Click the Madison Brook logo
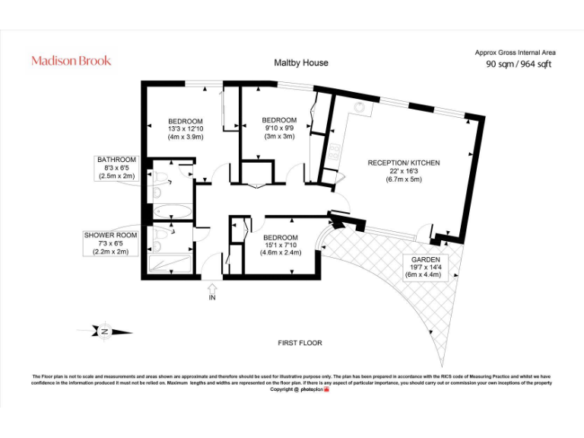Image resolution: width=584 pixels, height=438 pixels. click(x=71, y=61)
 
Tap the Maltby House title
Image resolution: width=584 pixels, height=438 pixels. click(x=301, y=63)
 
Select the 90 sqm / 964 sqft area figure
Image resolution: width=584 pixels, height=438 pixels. click(x=519, y=65)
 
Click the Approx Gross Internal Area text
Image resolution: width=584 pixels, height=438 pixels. click(x=516, y=52)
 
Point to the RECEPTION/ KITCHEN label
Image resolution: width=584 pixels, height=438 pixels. click(x=404, y=163)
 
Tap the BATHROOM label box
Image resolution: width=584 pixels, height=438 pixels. click(x=116, y=167)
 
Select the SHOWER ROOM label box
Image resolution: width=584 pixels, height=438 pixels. click(x=111, y=243)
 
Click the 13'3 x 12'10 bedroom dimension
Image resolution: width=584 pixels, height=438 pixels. click(x=186, y=129)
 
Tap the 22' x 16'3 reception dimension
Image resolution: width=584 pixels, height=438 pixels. click(x=404, y=172)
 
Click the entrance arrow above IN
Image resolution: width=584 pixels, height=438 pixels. click(x=211, y=289)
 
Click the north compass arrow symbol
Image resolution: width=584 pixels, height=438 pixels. click(x=104, y=331)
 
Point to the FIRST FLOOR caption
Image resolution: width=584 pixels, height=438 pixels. click(x=300, y=343)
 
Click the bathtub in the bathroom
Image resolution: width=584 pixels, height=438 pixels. click(x=173, y=211)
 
